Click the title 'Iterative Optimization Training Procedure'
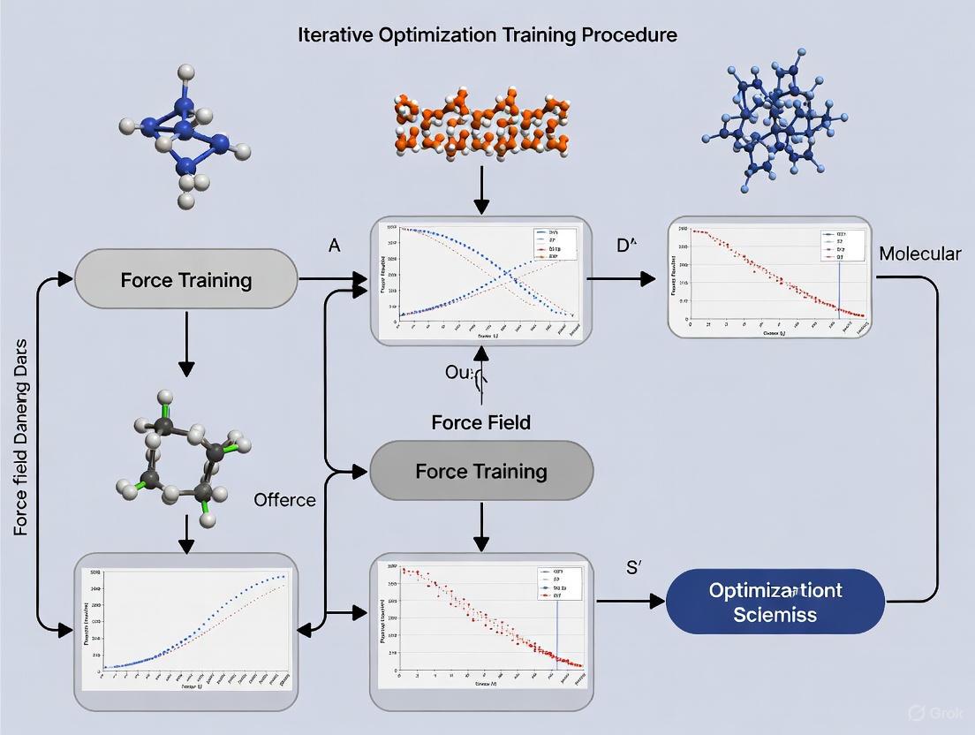point(487,35)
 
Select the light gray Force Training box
point(185,281)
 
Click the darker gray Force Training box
point(480,471)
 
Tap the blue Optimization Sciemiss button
point(775,601)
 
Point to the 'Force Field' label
point(480,422)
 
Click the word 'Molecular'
point(919,254)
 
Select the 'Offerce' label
point(284,500)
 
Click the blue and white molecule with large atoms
point(183,137)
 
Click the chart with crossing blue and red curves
point(480,280)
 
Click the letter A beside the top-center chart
point(334,246)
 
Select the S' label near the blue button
point(631,568)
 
